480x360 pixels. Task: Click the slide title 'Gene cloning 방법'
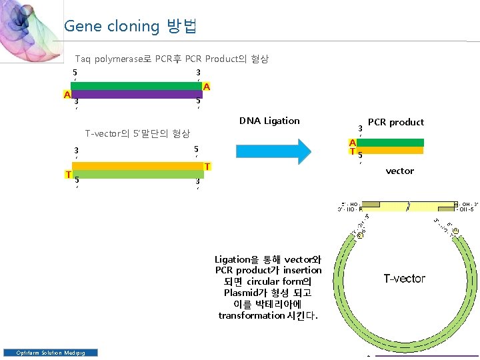129,27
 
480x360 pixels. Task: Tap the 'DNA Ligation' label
269,121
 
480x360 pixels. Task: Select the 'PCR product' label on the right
395,122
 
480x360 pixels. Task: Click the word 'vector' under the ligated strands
399,171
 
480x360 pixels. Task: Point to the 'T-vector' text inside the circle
404,279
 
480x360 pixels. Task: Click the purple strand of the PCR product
138,94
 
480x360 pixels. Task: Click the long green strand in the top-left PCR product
138,86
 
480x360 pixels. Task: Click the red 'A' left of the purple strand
67,95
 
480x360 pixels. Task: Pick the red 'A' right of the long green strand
207,87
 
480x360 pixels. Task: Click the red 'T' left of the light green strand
68,175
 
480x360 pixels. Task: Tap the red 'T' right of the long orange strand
207,166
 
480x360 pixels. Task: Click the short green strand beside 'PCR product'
390,143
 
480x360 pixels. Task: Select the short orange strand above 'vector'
390,151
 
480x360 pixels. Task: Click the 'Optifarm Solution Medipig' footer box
51,353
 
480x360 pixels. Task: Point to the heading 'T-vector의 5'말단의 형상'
138,134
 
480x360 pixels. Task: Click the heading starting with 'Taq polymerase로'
171,59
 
